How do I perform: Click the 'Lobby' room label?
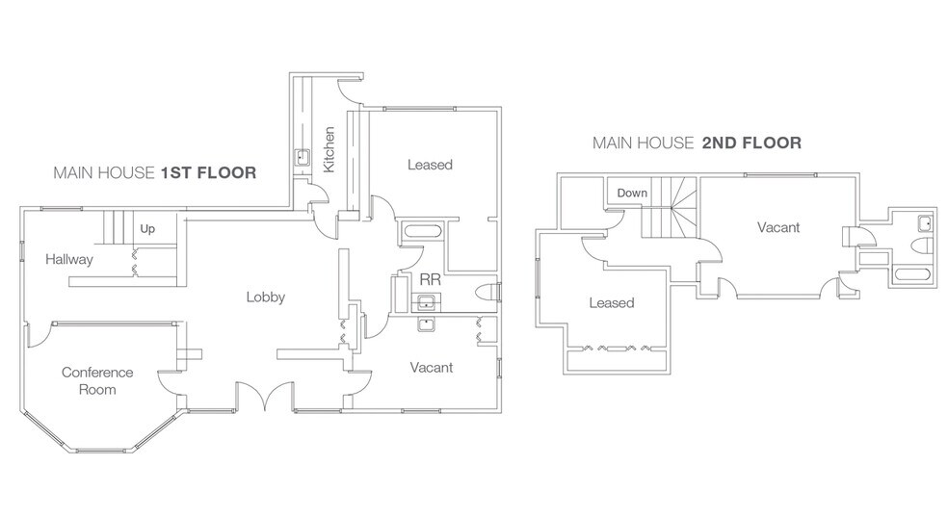click(x=265, y=297)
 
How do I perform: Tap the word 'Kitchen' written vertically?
click(x=329, y=149)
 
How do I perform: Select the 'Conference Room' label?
click(x=97, y=380)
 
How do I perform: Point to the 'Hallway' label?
click(x=68, y=260)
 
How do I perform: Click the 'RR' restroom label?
click(x=429, y=279)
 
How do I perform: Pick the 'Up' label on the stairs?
click(x=147, y=229)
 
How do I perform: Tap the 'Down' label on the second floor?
click(x=632, y=193)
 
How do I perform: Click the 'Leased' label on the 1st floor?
click(x=430, y=165)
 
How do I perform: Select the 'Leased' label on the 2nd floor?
click(x=611, y=302)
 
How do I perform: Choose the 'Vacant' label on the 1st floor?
click(x=431, y=367)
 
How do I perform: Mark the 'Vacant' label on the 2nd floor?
click(x=777, y=227)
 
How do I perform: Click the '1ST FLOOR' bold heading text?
click(x=208, y=174)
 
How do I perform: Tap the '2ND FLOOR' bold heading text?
click(x=751, y=143)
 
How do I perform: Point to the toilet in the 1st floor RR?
click(x=487, y=293)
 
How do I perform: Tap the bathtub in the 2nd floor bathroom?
click(x=910, y=274)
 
